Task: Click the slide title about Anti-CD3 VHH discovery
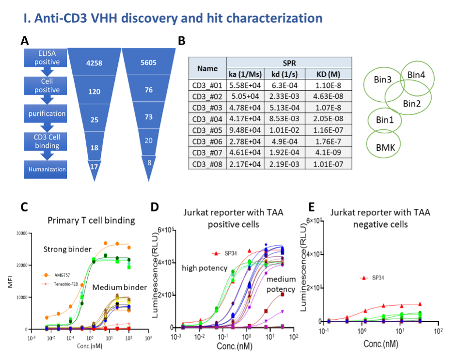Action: tap(173, 18)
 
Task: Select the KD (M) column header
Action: tap(329, 74)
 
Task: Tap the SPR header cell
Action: tap(289, 63)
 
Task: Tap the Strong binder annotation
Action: tap(67, 250)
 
